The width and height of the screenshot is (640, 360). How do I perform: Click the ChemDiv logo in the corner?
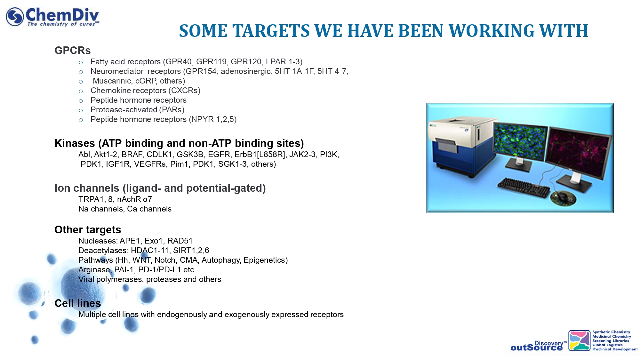click(52, 17)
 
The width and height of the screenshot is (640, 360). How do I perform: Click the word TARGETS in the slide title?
click(271, 31)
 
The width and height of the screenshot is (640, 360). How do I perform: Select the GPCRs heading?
click(73, 51)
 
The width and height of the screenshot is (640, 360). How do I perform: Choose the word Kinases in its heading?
click(75, 143)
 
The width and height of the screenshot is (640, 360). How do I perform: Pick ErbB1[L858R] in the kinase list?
click(260, 155)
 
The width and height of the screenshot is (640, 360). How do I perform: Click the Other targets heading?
click(88, 230)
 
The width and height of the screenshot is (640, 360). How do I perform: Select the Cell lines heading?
click(78, 303)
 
